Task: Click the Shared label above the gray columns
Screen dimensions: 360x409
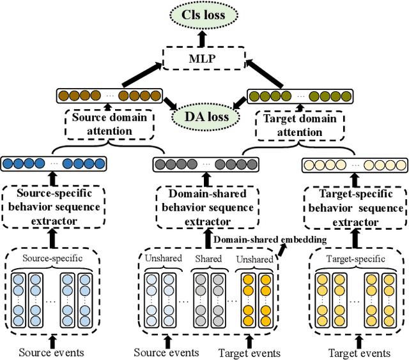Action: coord(209,259)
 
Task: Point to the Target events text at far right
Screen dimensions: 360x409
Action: coord(359,352)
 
